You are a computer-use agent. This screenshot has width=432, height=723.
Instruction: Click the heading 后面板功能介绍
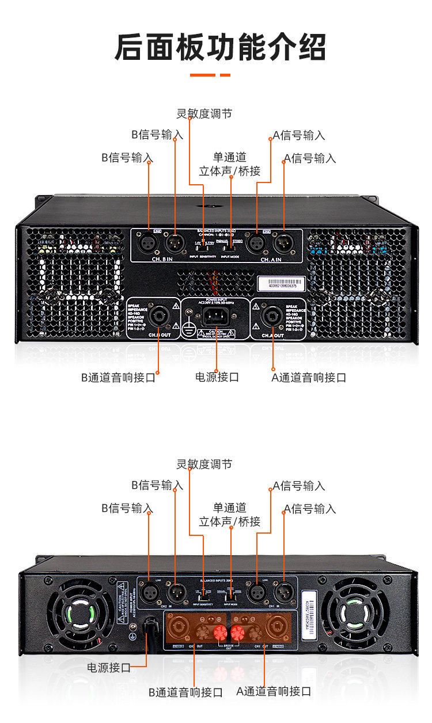[221, 47]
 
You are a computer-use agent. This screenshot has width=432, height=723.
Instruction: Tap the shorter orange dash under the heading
[225, 75]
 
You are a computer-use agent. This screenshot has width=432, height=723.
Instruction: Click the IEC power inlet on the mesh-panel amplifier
[216, 317]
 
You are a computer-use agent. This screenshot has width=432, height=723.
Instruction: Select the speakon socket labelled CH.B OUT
[157, 317]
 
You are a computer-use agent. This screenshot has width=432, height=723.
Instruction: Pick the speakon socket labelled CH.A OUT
[271, 317]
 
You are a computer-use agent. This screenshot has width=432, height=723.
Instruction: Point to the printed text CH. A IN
[272, 260]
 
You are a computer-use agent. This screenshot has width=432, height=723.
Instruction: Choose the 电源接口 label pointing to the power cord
[109, 668]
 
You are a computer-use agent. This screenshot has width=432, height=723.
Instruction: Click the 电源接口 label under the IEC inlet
[217, 378]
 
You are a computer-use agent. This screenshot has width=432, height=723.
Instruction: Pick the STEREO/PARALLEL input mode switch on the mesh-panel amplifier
[230, 244]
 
